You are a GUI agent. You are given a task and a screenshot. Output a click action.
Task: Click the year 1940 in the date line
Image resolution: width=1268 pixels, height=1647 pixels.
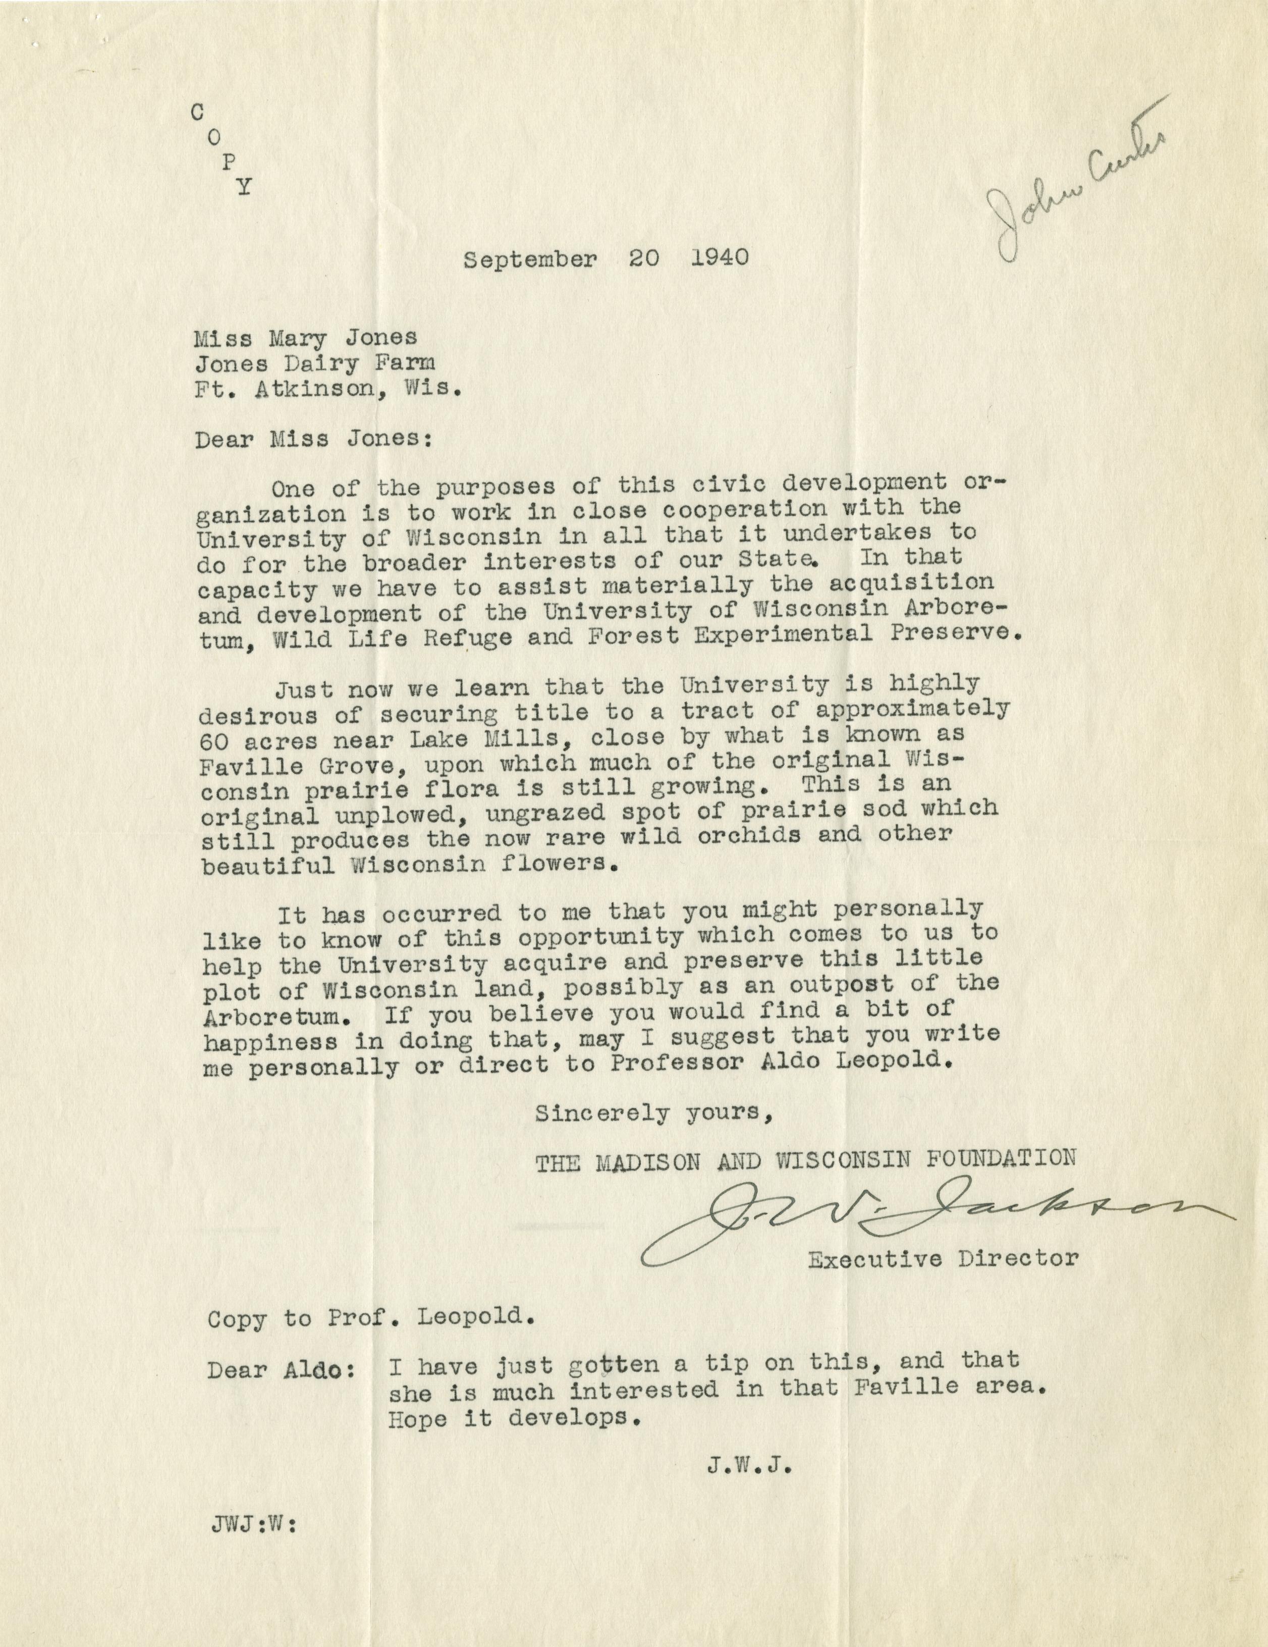tap(719, 258)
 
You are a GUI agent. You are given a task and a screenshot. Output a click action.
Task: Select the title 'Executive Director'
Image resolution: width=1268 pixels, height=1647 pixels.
tap(943, 1259)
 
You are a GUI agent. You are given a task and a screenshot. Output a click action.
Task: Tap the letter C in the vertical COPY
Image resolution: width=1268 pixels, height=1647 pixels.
tap(197, 113)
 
